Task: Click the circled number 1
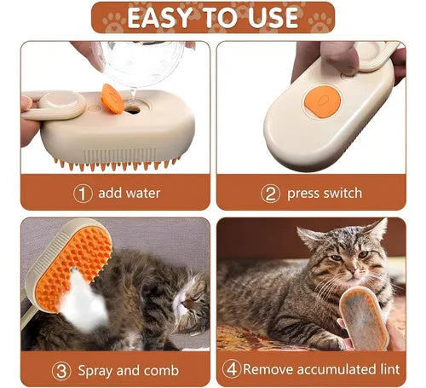click(x=82, y=193)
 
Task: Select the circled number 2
click(x=270, y=193)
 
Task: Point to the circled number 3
click(x=61, y=370)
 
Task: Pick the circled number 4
click(x=231, y=370)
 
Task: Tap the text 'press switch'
click(x=324, y=193)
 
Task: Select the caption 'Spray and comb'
click(x=128, y=370)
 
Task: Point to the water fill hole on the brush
click(x=133, y=108)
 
